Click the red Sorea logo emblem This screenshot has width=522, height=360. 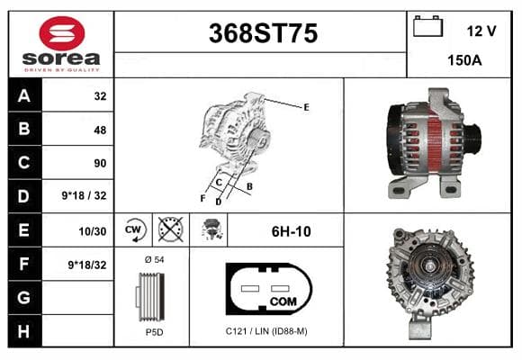click(62, 33)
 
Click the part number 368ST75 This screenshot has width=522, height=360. click(263, 33)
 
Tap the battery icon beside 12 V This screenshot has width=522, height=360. click(427, 26)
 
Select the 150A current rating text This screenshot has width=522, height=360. click(464, 60)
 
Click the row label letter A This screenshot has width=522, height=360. click(24, 96)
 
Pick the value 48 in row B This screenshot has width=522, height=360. click(100, 130)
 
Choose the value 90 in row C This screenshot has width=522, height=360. click(100, 163)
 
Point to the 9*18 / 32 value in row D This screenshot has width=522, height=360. click(84, 195)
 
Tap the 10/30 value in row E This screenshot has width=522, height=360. click(92, 231)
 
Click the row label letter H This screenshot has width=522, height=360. click(23, 331)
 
